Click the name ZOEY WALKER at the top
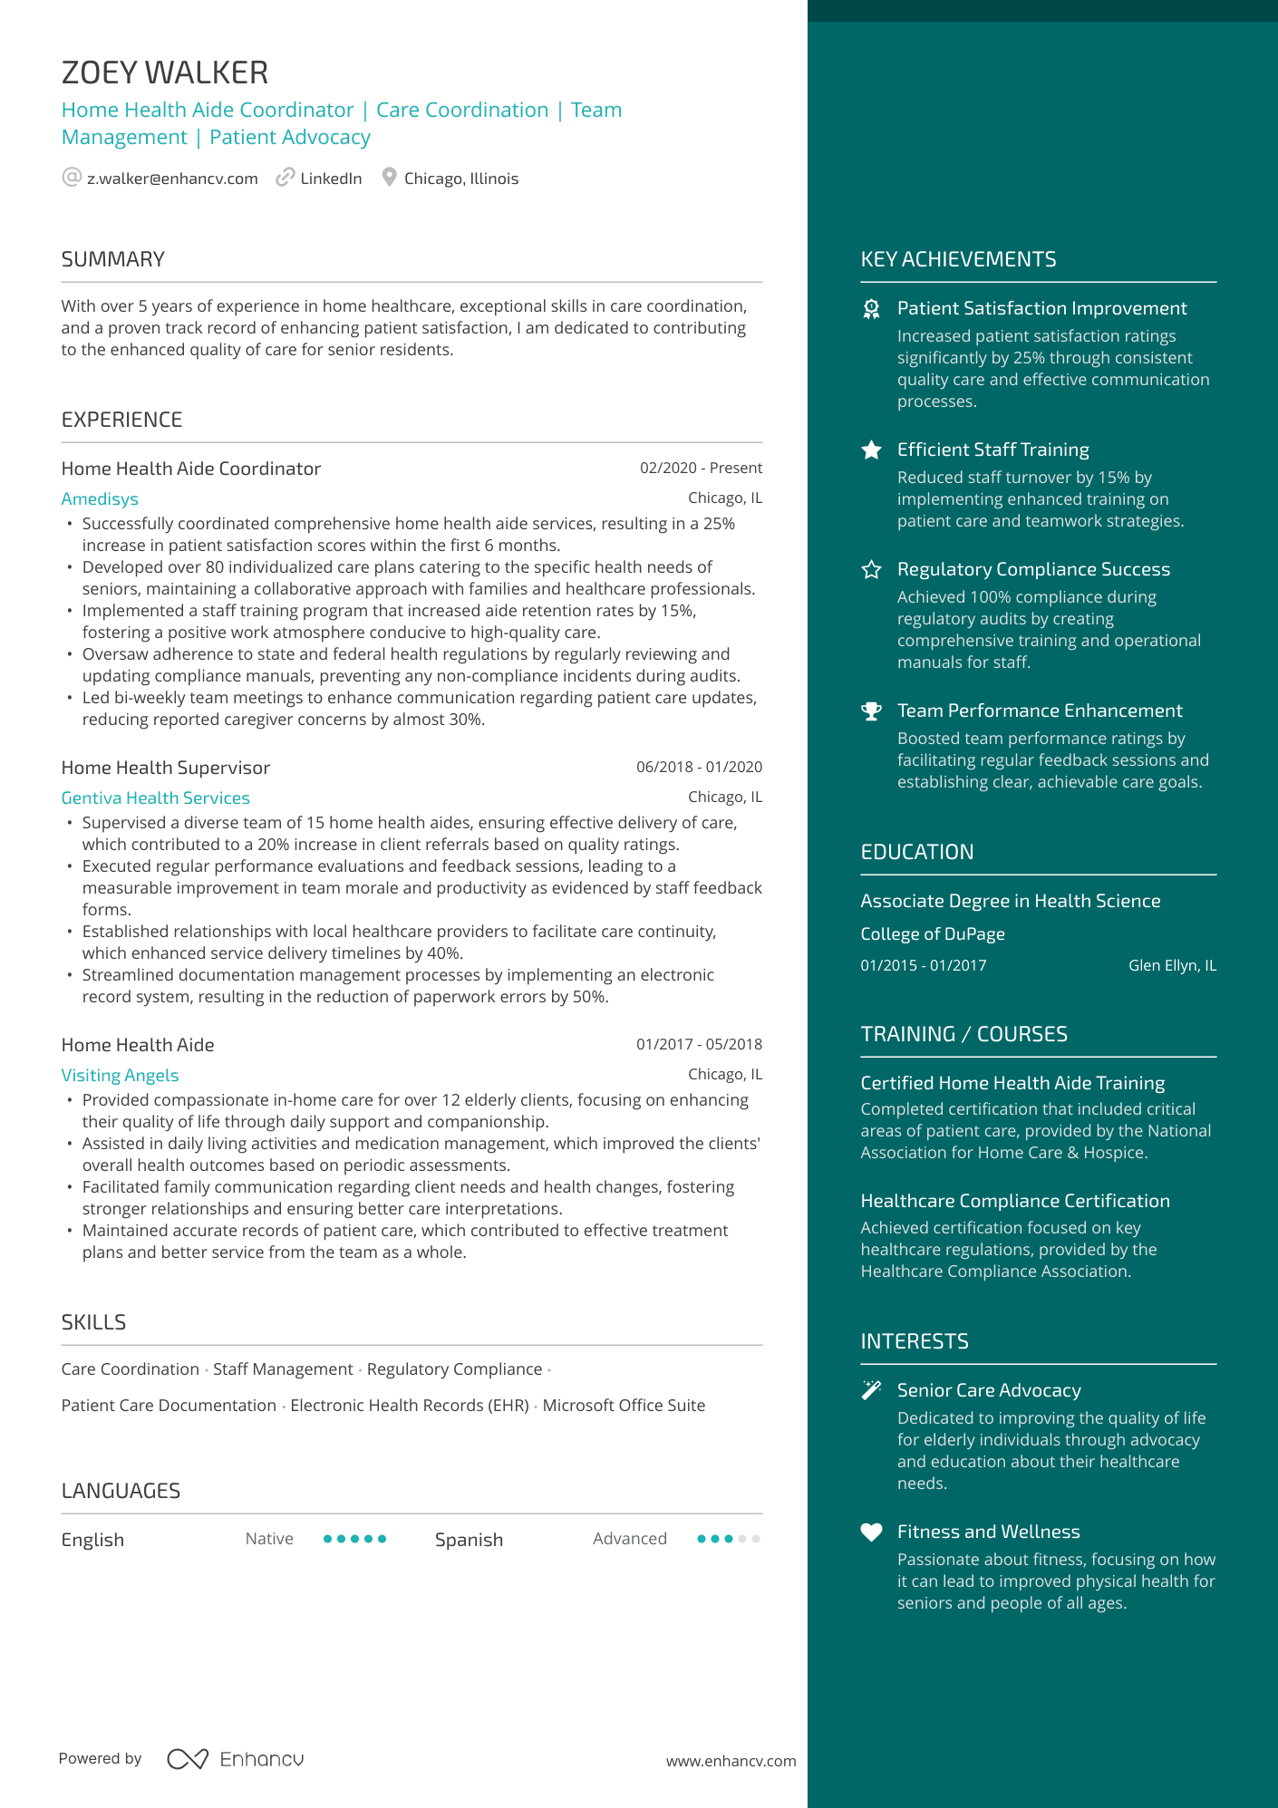pyautogui.click(x=165, y=73)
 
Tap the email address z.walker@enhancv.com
pyautogui.click(x=172, y=179)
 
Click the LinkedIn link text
pyautogui.click(x=331, y=179)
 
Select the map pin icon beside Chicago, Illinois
pyautogui.click(x=389, y=178)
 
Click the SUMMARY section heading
pyautogui.click(x=113, y=259)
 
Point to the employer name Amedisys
pyautogui.click(x=100, y=499)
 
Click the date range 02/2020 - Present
pyautogui.click(x=701, y=468)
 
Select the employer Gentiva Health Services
pyautogui.click(x=155, y=798)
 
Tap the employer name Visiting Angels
pyautogui.click(x=120, y=1076)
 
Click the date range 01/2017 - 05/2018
pyautogui.click(x=699, y=1044)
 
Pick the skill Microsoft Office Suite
pyautogui.click(x=624, y=1406)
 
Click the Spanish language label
pyautogui.click(x=469, y=1540)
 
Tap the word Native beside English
pyautogui.click(x=269, y=1539)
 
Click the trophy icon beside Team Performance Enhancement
pyautogui.click(x=871, y=711)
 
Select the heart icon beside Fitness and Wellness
pyautogui.click(x=871, y=1532)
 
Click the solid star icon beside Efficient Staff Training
pyautogui.click(x=871, y=450)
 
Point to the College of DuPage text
pyautogui.click(x=933, y=934)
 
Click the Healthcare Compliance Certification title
pyautogui.click(x=1015, y=1201)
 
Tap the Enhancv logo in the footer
pyautogui.click(x=236, y=1759)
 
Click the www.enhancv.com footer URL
pyautogui.click(x=731, y=1761)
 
